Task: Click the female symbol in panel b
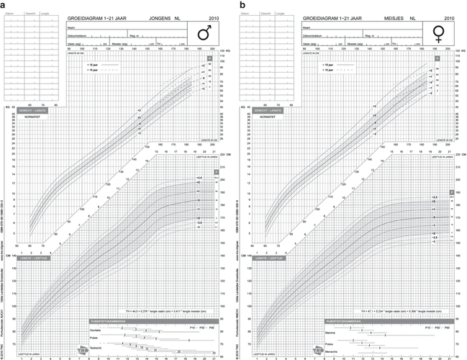437,32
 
